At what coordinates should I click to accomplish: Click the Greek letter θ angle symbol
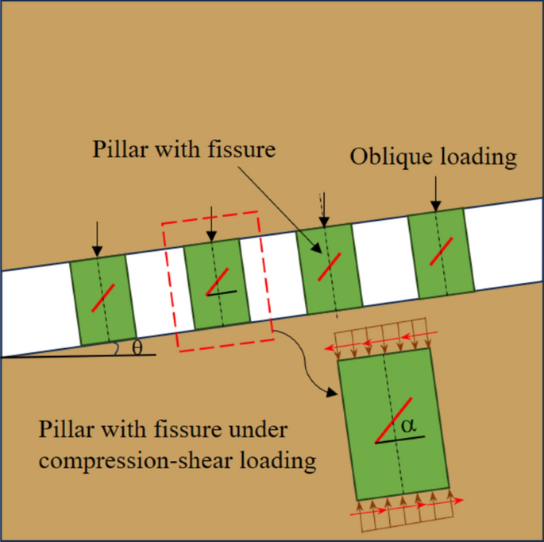point(137,347)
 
